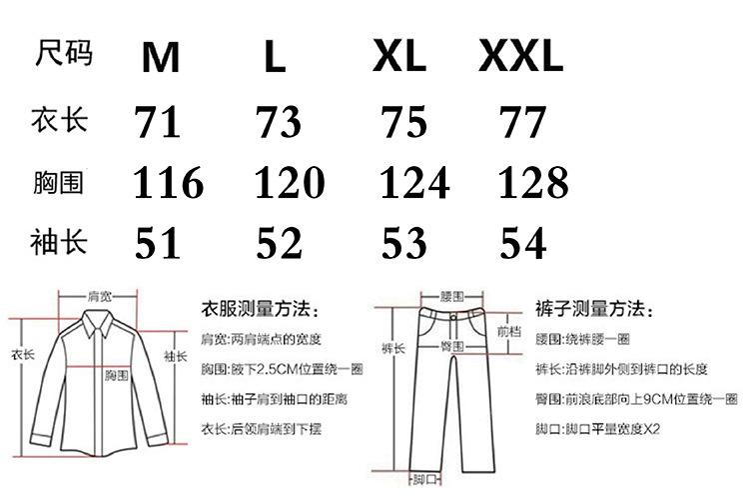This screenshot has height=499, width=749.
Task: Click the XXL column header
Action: tap(521, 57)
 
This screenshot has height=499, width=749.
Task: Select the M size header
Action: tap(160, 58)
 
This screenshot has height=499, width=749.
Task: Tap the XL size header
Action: tap(399, 57)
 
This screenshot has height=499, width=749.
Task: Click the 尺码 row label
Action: tap(63, 52)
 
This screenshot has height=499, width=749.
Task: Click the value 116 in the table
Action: tap(169, 184)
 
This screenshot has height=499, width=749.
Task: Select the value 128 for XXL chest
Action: tap(532, 183)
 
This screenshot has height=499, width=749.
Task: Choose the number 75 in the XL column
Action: tap(404, 123)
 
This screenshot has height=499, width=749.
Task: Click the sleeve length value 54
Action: tap(523, 244)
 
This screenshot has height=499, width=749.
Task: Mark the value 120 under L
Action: tap(289, 183)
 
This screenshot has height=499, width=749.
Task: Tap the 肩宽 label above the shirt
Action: tap(99, 297)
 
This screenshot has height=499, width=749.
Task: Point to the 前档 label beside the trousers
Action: tap(507, 330)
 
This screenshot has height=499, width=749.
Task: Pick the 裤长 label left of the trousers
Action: tap(392, 348)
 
